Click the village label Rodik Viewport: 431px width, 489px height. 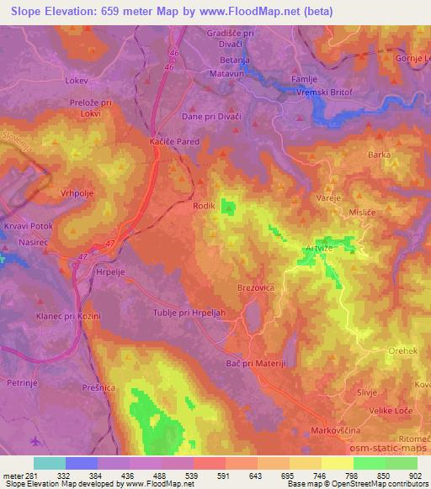(205, 205)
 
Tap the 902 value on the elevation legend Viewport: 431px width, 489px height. (415, 475)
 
